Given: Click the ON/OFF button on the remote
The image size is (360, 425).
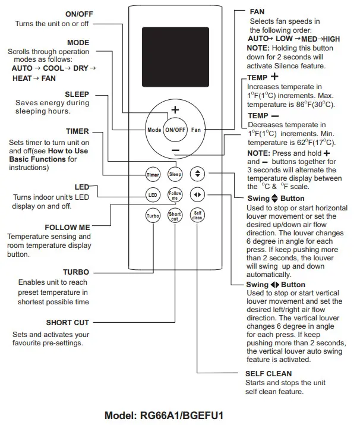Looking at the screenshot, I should (x=175, y=130).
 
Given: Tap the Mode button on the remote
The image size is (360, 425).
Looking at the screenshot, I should (x=153, y=130).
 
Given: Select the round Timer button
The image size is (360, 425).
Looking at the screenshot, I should (x=153, y=175).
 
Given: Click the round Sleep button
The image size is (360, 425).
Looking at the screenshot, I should (x=175, y=175).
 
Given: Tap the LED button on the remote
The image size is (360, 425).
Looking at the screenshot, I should (x=153, y=195).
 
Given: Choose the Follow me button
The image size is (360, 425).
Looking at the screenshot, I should (x=175, y=195).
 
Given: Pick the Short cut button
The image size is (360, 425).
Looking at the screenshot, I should (x=175, y=216).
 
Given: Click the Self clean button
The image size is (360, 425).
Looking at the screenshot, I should (x=197, y=216).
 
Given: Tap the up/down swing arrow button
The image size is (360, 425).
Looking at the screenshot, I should (x=197, y=174).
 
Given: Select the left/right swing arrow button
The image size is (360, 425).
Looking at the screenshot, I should (x=197, y=195).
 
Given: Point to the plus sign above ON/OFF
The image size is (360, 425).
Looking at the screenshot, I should (x=175, y=110).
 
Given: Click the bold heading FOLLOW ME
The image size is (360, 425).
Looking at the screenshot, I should (x=67, y=227).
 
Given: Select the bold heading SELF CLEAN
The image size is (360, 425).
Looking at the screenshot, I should (x=268, y=374).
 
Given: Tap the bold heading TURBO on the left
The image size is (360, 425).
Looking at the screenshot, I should (x=75, y=272).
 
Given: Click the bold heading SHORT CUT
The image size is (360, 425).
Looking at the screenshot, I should (x=67, y=323).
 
